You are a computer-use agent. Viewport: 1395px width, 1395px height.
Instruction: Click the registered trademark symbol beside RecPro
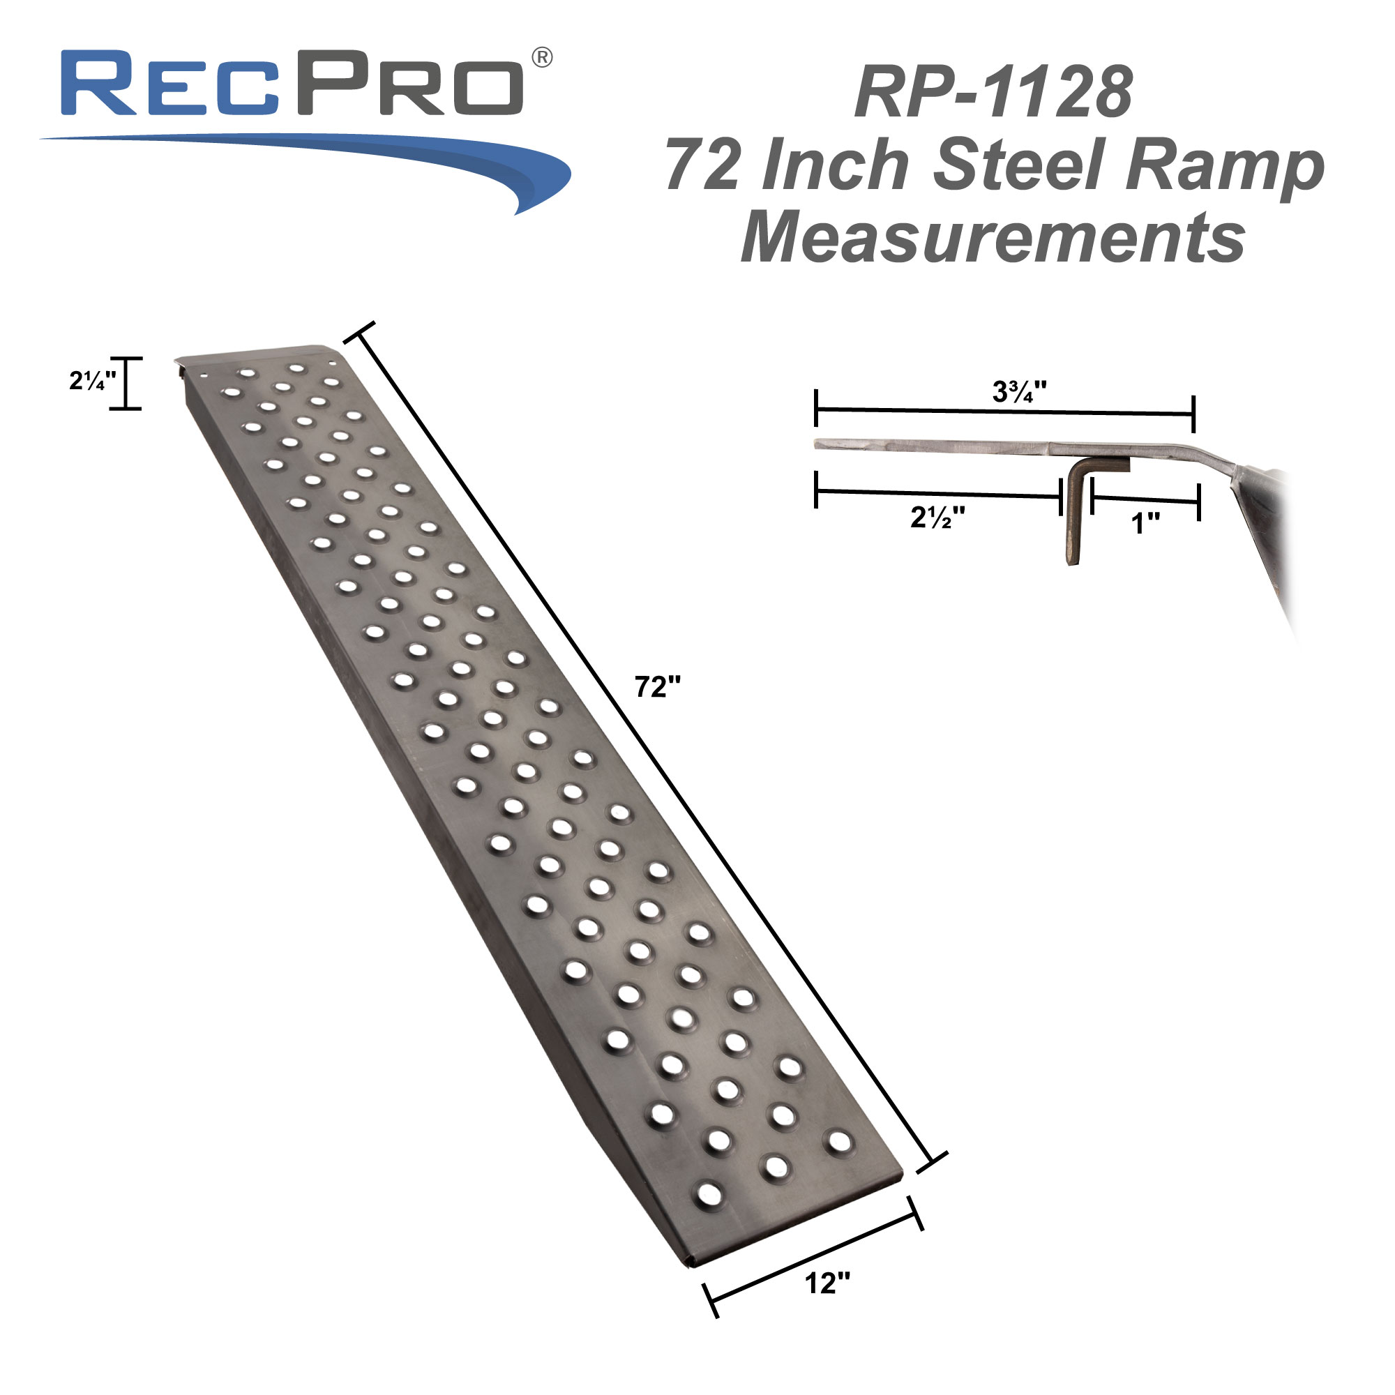pyautogui.click(x=542, y=57)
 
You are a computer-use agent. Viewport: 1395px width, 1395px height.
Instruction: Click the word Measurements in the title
pyautogui.click(x=993, y=237)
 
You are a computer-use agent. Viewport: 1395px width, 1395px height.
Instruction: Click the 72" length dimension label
pyautogui.click(x=657, y=686)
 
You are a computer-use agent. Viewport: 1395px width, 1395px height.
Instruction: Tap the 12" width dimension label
pyautogui.click(x=827, y=1283)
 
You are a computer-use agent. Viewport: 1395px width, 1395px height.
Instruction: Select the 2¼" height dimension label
pyautogui.click(x=91, y=381)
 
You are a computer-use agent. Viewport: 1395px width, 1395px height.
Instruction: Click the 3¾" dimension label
pyautogui.click(x=1019, y=391)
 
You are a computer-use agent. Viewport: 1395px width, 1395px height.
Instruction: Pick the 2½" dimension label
pyautogui.click(x=937, y=517)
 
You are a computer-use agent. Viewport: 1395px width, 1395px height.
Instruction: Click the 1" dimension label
pyautogui.click(x=1145, y=522)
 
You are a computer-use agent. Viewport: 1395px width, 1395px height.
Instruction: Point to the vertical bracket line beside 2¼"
pyautogui.click(x=126, y=384)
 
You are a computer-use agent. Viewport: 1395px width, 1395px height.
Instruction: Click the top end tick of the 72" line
pyautogui.click(x=359, y=331)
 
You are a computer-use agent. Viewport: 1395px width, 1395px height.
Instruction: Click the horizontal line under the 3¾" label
pyautogui.click(x=1004, y=412)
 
